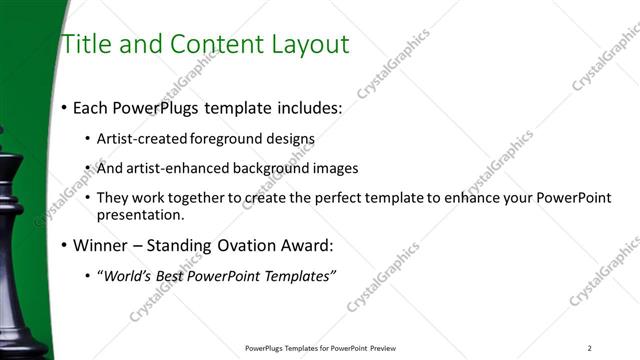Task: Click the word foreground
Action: [x=225, y=138]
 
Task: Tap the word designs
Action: [x=290, y=138]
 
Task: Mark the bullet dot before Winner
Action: [x=64, y=246]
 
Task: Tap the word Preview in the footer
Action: [x=384, y=348]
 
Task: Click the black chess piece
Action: [x=18, y=250]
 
